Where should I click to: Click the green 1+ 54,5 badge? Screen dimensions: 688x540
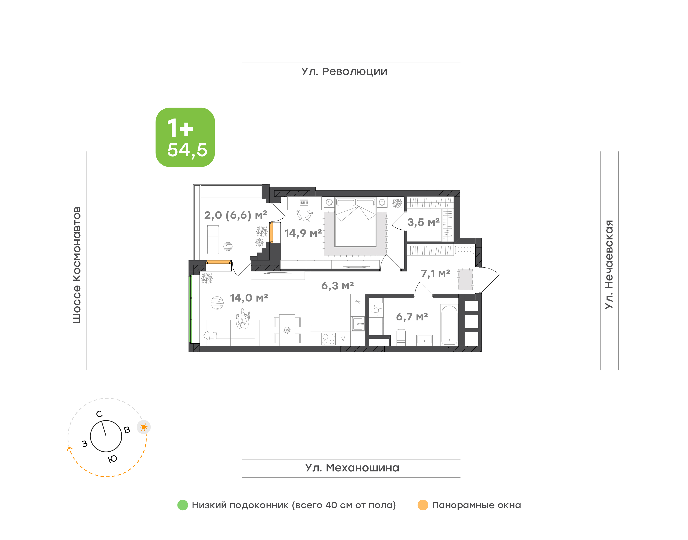[185, 137]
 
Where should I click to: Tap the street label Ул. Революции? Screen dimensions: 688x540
[344, 72]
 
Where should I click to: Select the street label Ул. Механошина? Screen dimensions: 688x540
[352, 468]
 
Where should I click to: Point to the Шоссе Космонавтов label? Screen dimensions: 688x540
[77, 265]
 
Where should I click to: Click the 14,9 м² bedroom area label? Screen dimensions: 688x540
[303, 233]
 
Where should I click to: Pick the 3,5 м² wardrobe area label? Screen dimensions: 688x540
[423, 222]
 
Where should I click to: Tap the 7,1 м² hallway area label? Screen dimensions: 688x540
[435, 274]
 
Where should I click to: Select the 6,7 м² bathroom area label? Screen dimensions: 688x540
[412, 317]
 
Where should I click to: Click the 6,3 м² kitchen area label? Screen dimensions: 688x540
[338, 286]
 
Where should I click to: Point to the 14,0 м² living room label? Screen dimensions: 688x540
[249, 298]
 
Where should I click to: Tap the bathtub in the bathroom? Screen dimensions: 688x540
[449, 324]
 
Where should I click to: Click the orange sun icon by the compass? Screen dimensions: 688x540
[144, 427]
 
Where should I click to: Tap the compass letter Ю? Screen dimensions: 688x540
[113, 459]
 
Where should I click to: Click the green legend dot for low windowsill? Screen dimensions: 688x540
[183, 505]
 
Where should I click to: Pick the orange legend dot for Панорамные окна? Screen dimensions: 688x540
[423, 505]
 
